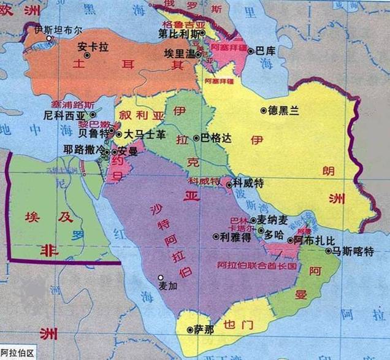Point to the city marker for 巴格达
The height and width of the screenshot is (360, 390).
pyautogui.click(x=196, y=139)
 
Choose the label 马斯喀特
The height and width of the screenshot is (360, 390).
pyautogui.click(x=352, y=251)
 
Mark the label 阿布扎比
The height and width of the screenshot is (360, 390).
pyautogui.click(x=315, y=240)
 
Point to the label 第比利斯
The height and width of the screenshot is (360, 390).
pyautogui.click(x=178, y=33)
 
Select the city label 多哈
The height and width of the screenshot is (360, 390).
pyautogui.click(x=272, y=234)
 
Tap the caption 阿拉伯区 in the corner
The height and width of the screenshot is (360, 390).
pyautogui.click(x=18, y=354)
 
